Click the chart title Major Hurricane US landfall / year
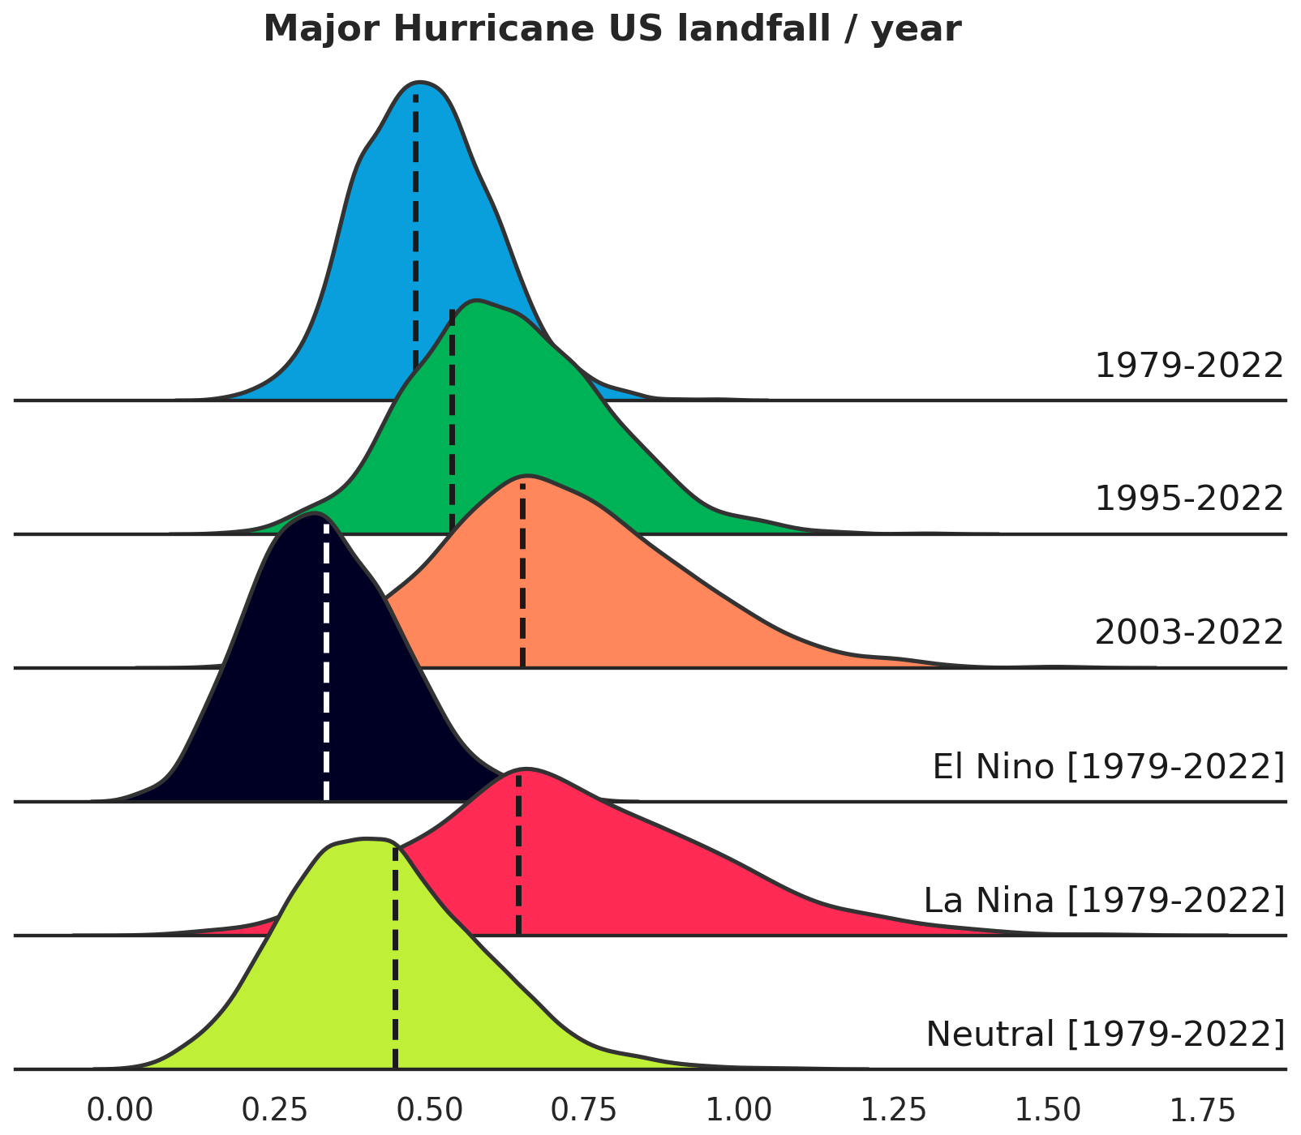pyautogui.click(x=612, y=30)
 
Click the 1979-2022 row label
pyautogui.click(x=1189, y=366)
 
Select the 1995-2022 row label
pyautogui.click(x=1189, y=499)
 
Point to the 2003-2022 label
pyautogui.click(x=1189, y=632)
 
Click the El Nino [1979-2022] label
pyautogui.click(x=1109, y=767)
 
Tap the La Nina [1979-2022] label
pyautogui.click(x=1105, y=901)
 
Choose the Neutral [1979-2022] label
pyautogui.click(x=1106, y=1034)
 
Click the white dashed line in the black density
pyautogui.click(x=326, y=661)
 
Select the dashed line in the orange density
pyautogui.click(x=523, y=575)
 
